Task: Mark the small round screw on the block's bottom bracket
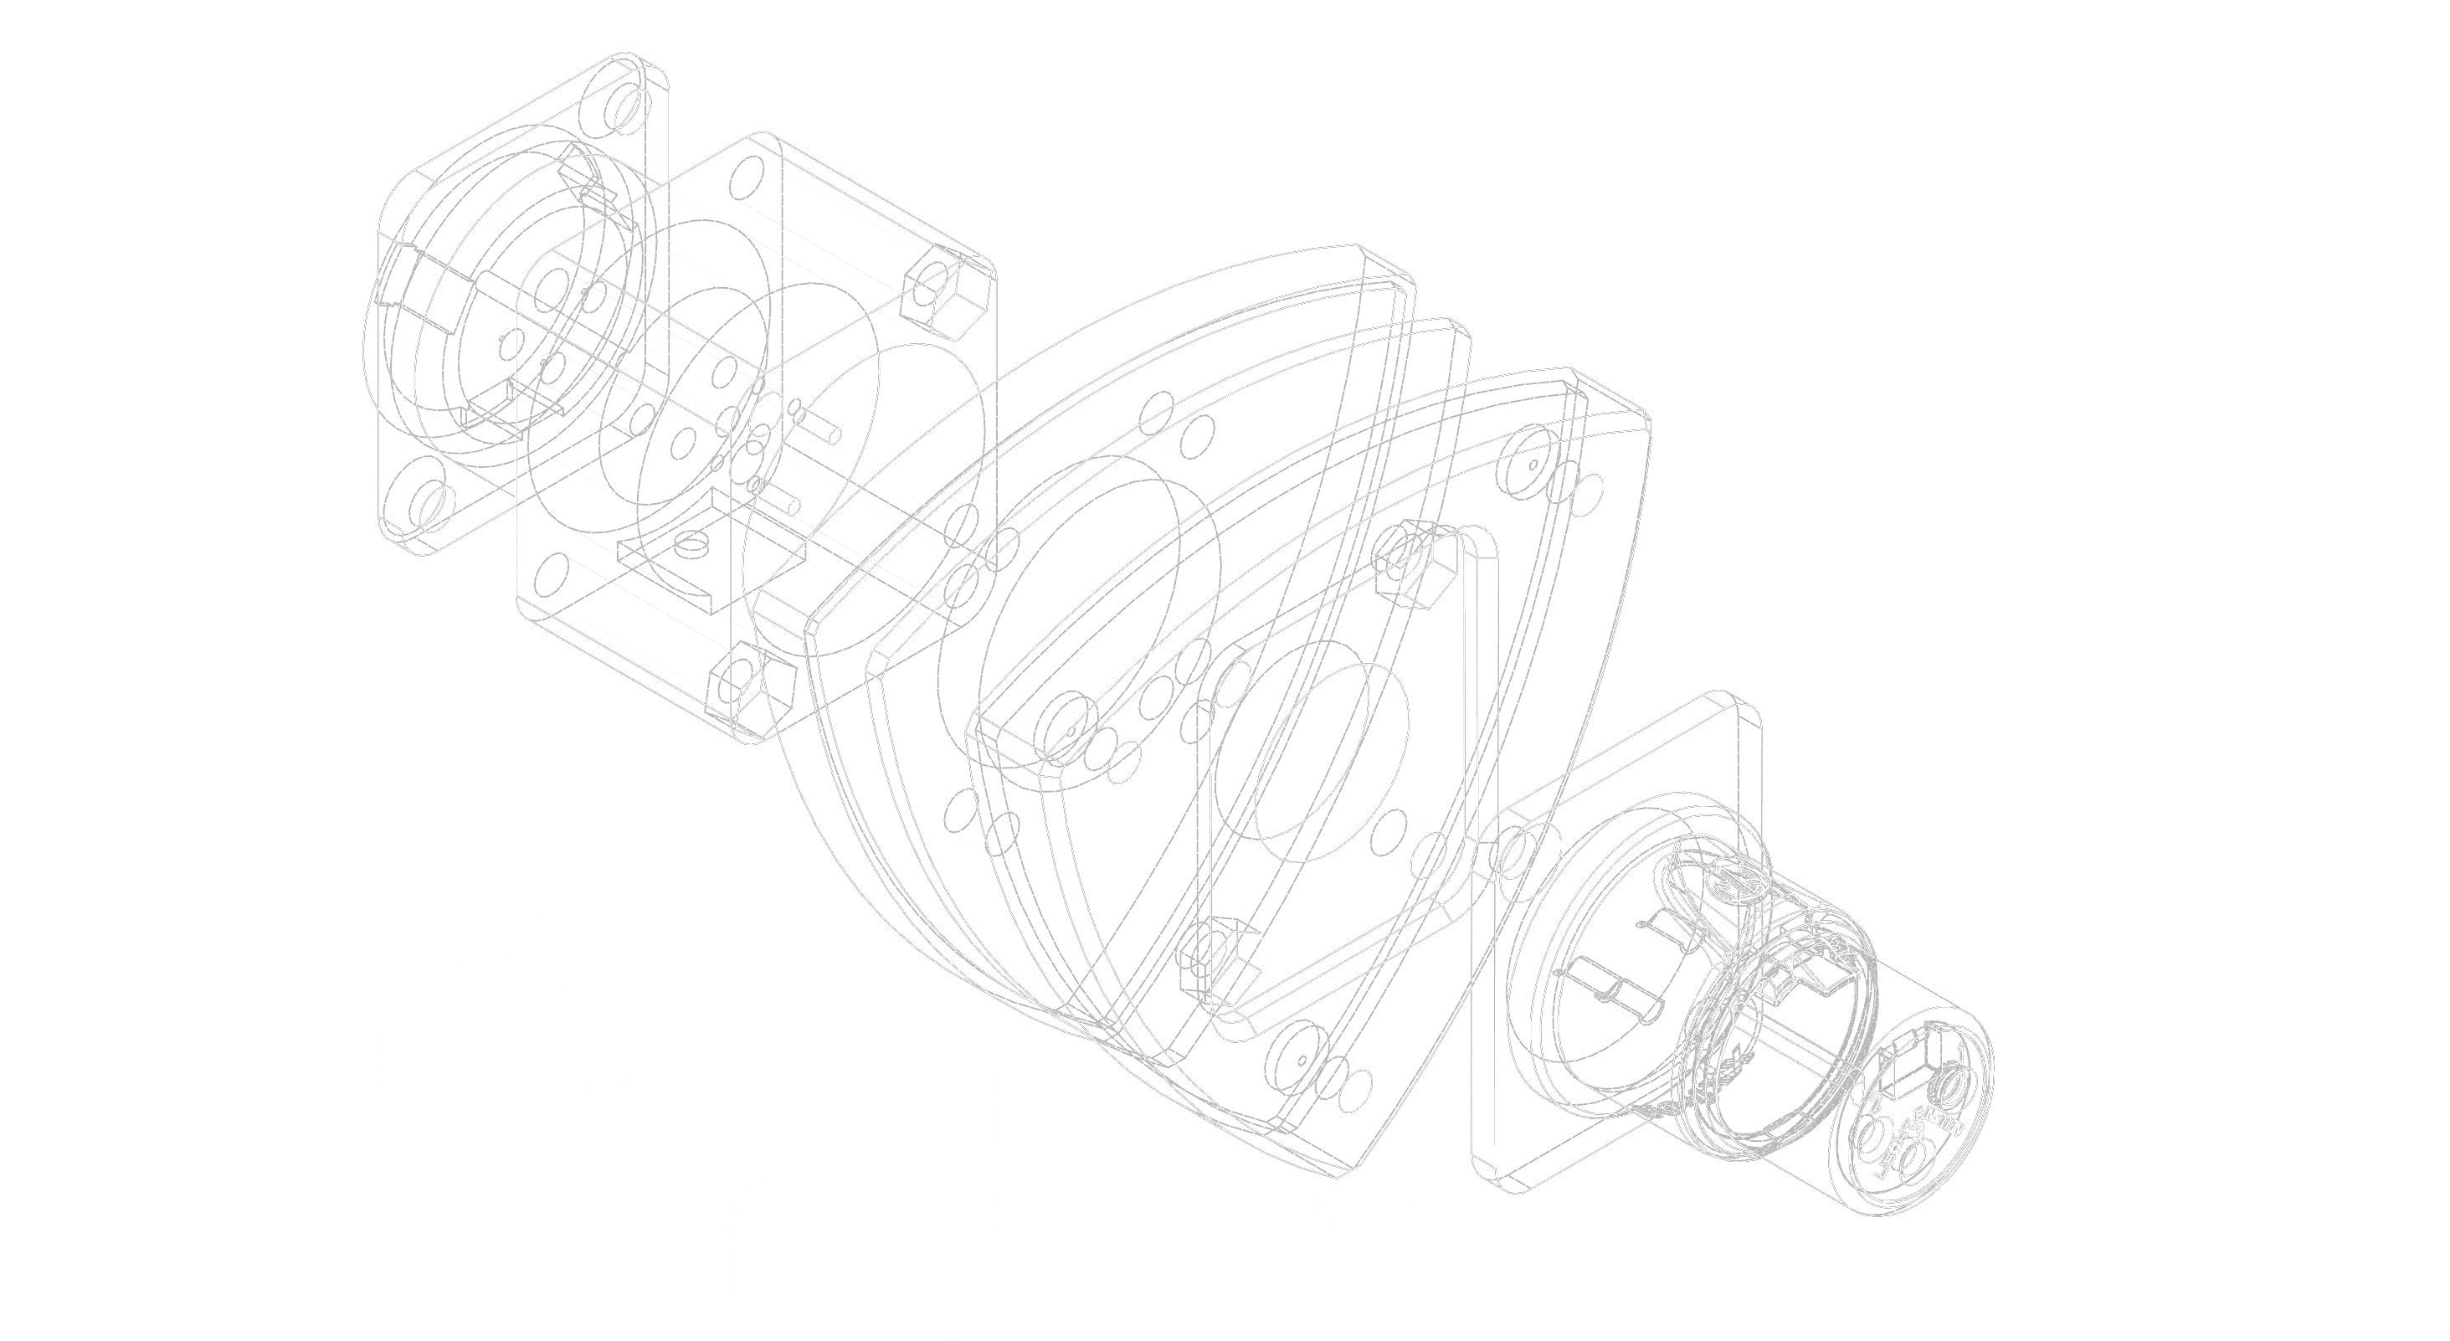[x=686, y=543]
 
